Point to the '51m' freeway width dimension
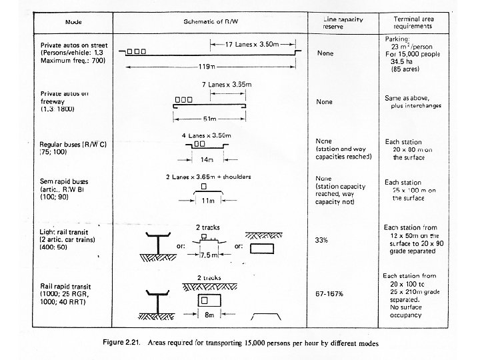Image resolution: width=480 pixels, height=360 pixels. click(209, 118)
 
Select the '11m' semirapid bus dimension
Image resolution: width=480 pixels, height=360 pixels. click(208, 199)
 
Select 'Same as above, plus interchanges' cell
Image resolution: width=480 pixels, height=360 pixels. click(412, 101)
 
